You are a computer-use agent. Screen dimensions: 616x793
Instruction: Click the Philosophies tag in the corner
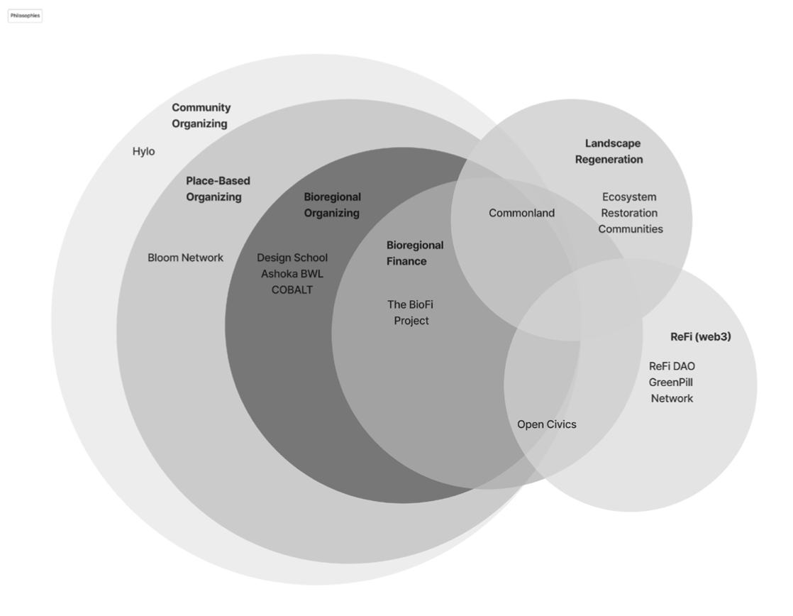tap(25, 15)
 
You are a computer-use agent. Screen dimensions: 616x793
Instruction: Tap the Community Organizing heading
tap(201, 116)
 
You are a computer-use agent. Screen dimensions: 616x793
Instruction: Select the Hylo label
tap(143, 151)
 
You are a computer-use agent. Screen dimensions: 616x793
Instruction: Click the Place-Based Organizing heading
tap(218, 189)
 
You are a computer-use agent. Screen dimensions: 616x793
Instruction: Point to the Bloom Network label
tap(185, 258)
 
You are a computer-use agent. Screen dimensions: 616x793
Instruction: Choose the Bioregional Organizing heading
tap(332, 205)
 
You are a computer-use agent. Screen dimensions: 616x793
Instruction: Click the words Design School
tap(292, 258)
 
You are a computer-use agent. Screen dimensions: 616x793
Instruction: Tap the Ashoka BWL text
tap(292, 274)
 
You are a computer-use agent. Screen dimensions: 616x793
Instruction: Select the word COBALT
tap(292, 290)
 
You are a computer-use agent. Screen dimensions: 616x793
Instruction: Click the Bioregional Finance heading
tap(415, 253)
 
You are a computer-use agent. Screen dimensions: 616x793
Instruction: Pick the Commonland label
tap(521, 213)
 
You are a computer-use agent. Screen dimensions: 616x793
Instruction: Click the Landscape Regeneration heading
tap(609, 152)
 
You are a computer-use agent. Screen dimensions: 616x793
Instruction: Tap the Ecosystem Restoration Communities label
tap(630, 213)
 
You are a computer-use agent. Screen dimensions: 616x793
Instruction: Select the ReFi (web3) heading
tap(700, 336)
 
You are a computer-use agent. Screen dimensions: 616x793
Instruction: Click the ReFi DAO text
tap(672, 366)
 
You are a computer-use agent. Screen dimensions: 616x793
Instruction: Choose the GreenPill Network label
tap(672, 390)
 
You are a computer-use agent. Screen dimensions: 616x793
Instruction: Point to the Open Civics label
tap(546, 424)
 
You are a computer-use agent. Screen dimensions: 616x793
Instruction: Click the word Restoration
tap(629, 213)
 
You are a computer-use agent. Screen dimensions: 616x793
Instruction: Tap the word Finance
tap(406, 261)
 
